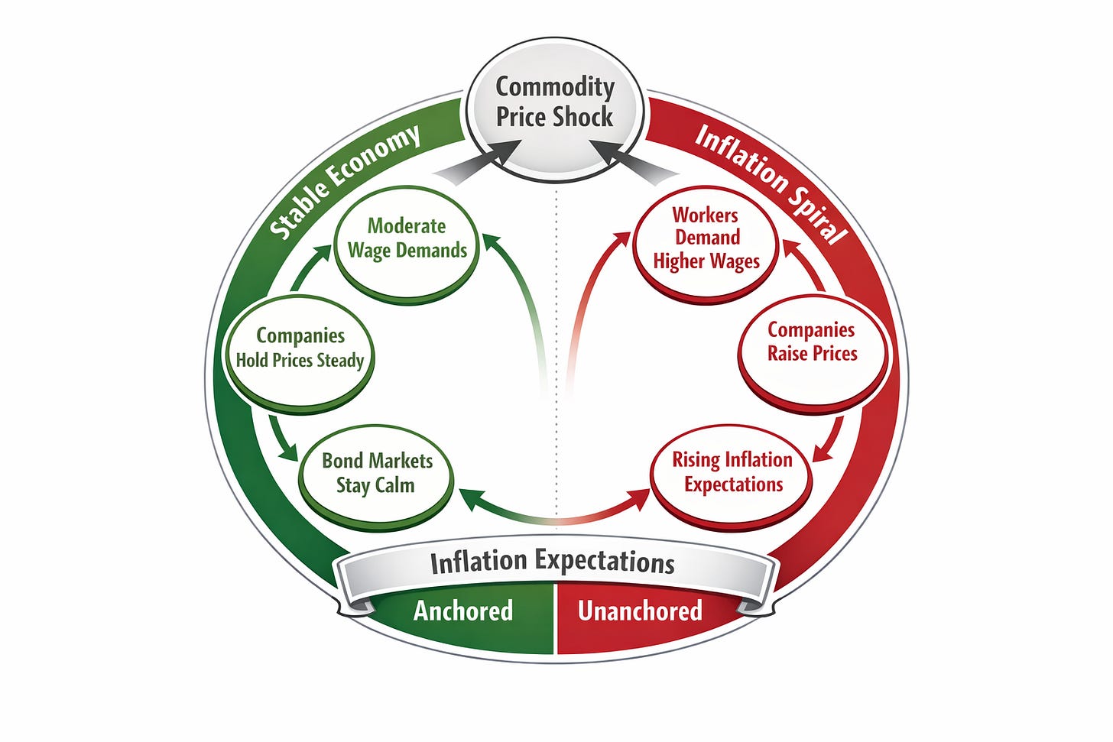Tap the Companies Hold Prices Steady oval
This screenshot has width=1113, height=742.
(300, 348)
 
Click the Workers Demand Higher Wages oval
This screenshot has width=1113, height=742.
(706, 239)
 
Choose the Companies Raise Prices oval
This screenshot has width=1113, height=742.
(812, 342)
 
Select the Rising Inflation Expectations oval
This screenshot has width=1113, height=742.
(732, 471)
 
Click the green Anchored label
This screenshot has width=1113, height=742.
(463, 611)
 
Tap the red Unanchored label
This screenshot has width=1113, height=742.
(640, 611)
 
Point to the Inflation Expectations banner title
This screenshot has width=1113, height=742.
(552, 562)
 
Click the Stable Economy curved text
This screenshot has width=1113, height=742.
(345, 180)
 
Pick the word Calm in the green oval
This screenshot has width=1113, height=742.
(395, 485)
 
